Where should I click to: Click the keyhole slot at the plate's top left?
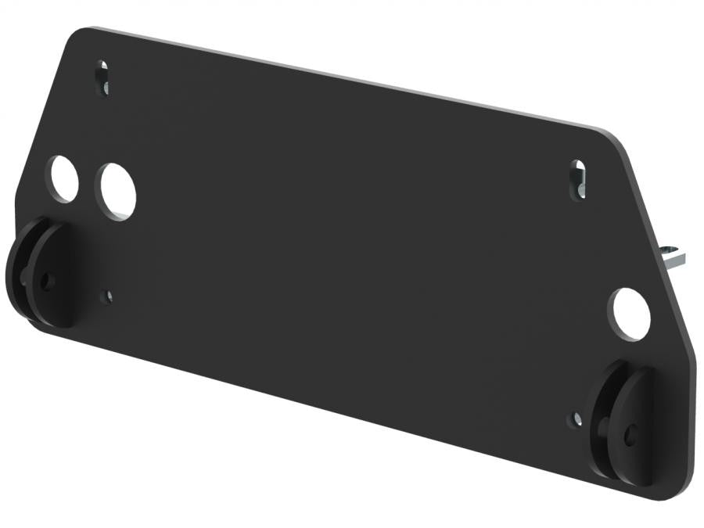click(x=102, y=77)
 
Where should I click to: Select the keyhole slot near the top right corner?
click(x=577, y=179)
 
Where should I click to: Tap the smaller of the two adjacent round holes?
click(x=63, y=178)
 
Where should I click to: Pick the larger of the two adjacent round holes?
click(x=116, y=192)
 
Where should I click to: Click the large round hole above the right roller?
click(x=630, y=314)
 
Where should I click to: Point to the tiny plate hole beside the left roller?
click(x=108, y=296)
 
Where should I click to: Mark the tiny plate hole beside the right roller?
click(x=576, y=419)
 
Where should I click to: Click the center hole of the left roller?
click(x=48, y=280)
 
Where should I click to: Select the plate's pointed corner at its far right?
click(x=695, y=356)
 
